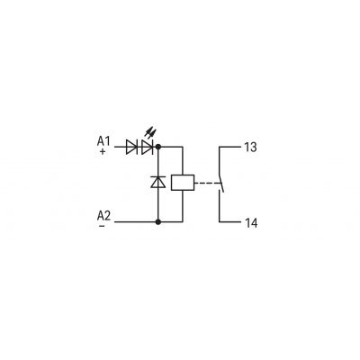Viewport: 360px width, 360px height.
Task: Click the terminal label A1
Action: [x=103, y=141]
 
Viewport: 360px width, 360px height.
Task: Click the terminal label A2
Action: [x=103, y=215]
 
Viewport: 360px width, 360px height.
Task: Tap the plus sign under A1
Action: [x=103, y=151]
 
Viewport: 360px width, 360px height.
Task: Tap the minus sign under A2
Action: [x=102, y=226]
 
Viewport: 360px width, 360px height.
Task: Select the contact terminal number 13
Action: [x=250, y=148]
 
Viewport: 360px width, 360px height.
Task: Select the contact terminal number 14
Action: [x=251, y=223]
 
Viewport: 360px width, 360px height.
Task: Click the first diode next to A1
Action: [x=131, y=147]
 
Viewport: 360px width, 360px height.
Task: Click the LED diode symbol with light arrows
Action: [x=147, y=147]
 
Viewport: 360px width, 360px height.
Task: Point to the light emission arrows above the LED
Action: [x=150, y=132]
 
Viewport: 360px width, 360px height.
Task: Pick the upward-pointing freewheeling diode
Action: [x=158, y=182]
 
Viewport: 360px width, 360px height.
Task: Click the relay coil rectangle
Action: [x=183, y=183]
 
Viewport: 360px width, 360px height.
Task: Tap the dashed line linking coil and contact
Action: [x=206, y=183]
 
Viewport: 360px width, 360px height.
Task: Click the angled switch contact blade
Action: [x=221, y=183]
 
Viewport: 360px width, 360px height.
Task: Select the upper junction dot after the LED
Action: [x=158, y=147]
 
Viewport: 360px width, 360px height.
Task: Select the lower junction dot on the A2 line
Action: [x=158, y=222]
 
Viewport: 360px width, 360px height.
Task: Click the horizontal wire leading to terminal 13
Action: [x=230, y=147]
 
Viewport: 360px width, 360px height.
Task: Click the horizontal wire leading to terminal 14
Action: [x=230, y=222]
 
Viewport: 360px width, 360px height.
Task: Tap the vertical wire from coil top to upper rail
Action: [x=183, y=161]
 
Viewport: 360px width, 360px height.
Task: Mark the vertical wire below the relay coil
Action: [x=183, y=206]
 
